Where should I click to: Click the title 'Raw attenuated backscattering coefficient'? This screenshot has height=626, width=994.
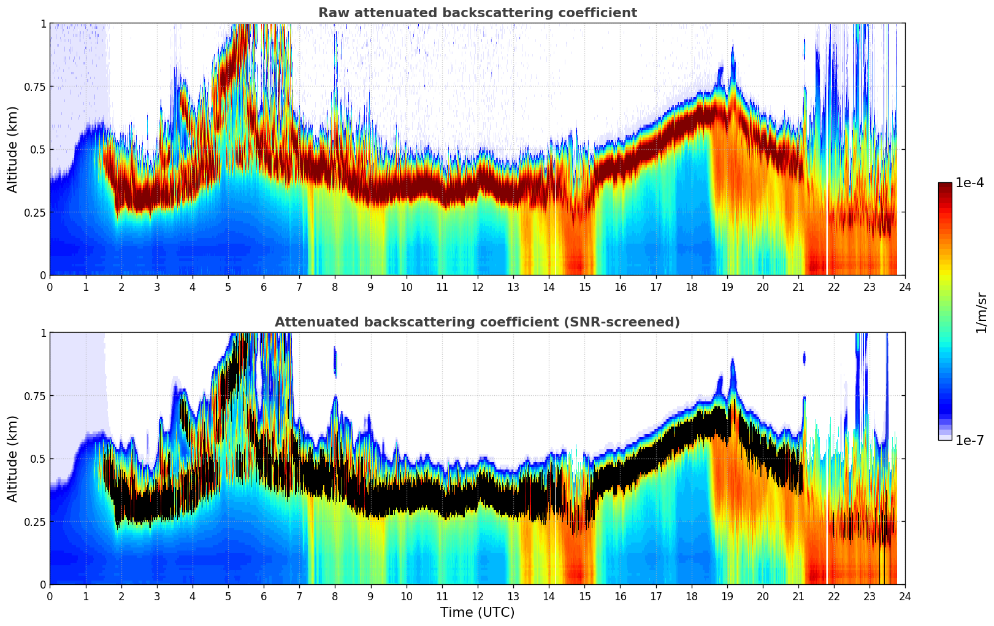pos(477,13)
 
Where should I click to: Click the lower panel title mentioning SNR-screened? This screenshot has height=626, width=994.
pos(477,322)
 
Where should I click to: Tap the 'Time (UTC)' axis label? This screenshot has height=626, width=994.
pos(477,612)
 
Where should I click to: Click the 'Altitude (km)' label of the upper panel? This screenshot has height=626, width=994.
pos(13,149)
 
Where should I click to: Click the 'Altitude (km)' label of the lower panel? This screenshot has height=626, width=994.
pos(13,458)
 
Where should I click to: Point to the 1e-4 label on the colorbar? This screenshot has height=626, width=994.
pos(969,183)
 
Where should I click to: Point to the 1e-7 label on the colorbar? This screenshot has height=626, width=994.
pos(969,441)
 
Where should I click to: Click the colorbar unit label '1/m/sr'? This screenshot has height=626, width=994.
pos(981,313)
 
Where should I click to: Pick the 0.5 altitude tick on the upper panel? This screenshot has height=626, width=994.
pos(39,150)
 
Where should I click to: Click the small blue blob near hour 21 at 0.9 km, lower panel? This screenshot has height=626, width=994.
pos(804,358)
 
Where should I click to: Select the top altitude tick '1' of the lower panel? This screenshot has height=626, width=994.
pos(43,333)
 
